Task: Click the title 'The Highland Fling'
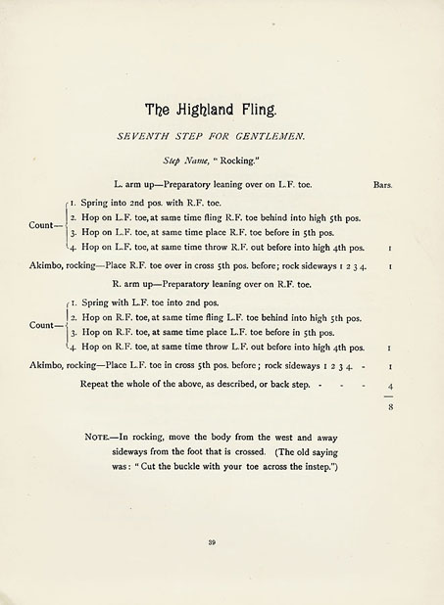(222, 110)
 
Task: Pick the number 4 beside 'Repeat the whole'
(389, 386)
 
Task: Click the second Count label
(43, 324)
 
